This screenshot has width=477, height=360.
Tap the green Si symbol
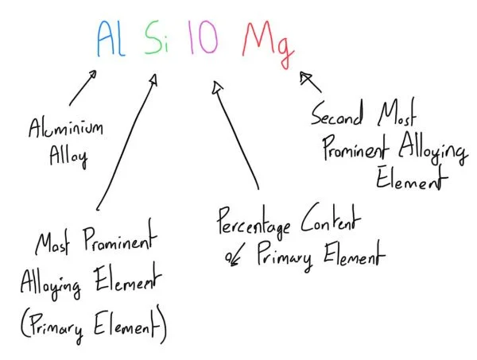point(155,37)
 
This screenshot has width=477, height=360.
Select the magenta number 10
point(203,37)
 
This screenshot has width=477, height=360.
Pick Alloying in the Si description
point(52,285)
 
